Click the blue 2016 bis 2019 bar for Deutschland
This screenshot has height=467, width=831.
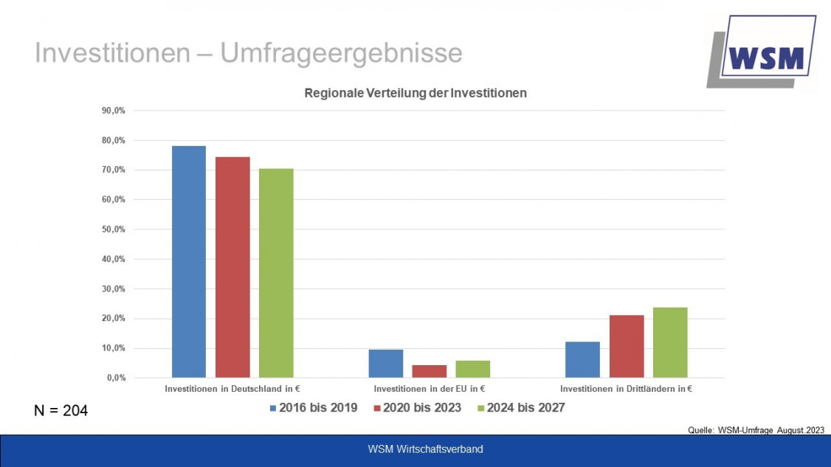(189, 262)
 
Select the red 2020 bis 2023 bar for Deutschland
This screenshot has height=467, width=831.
(232, 267)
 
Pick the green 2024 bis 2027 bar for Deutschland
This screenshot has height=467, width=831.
(276, 273)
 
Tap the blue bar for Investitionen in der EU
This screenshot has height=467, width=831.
(385, 364)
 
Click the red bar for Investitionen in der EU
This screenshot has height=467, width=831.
(429, 371)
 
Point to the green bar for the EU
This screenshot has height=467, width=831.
(472, 369)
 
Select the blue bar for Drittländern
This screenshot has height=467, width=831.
(582, 359)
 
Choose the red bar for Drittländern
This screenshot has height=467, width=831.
(626, 346)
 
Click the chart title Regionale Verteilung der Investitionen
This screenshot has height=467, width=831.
(415, 94)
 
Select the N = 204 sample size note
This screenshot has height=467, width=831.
(61, 411)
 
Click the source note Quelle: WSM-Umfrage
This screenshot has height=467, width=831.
(756, 430)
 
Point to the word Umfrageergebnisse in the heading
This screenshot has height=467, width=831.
(341, 53)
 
